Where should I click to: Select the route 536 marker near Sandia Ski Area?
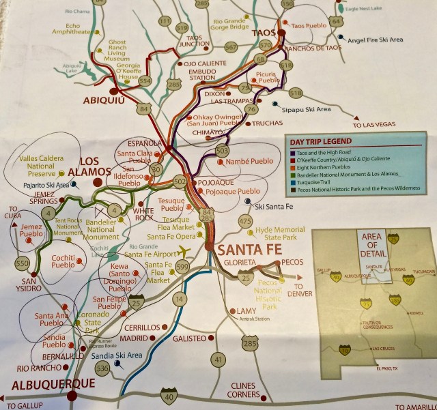[x=103, y=368]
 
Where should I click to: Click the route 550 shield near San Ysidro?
[x=23, y=263]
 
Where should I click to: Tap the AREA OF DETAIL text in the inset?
[x=371, y=244]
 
